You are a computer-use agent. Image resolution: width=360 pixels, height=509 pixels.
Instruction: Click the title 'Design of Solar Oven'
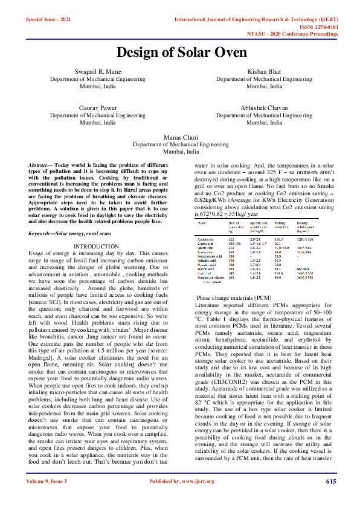[181, 52]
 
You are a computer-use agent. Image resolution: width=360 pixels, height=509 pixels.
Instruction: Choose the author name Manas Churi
[181, 138]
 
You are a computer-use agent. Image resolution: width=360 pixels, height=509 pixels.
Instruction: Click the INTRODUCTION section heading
[96, 247]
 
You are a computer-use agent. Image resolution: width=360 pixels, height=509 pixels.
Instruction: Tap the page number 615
[331, 498]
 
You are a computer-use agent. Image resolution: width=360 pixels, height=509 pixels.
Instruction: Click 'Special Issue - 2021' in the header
[49, 20]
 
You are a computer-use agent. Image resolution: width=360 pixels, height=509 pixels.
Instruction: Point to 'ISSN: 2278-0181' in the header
[317, 27]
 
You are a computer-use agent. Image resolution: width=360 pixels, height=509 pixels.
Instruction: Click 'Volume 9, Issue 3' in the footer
[47, 498]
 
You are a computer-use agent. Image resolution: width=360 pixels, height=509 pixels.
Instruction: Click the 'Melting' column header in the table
[280, 223]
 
